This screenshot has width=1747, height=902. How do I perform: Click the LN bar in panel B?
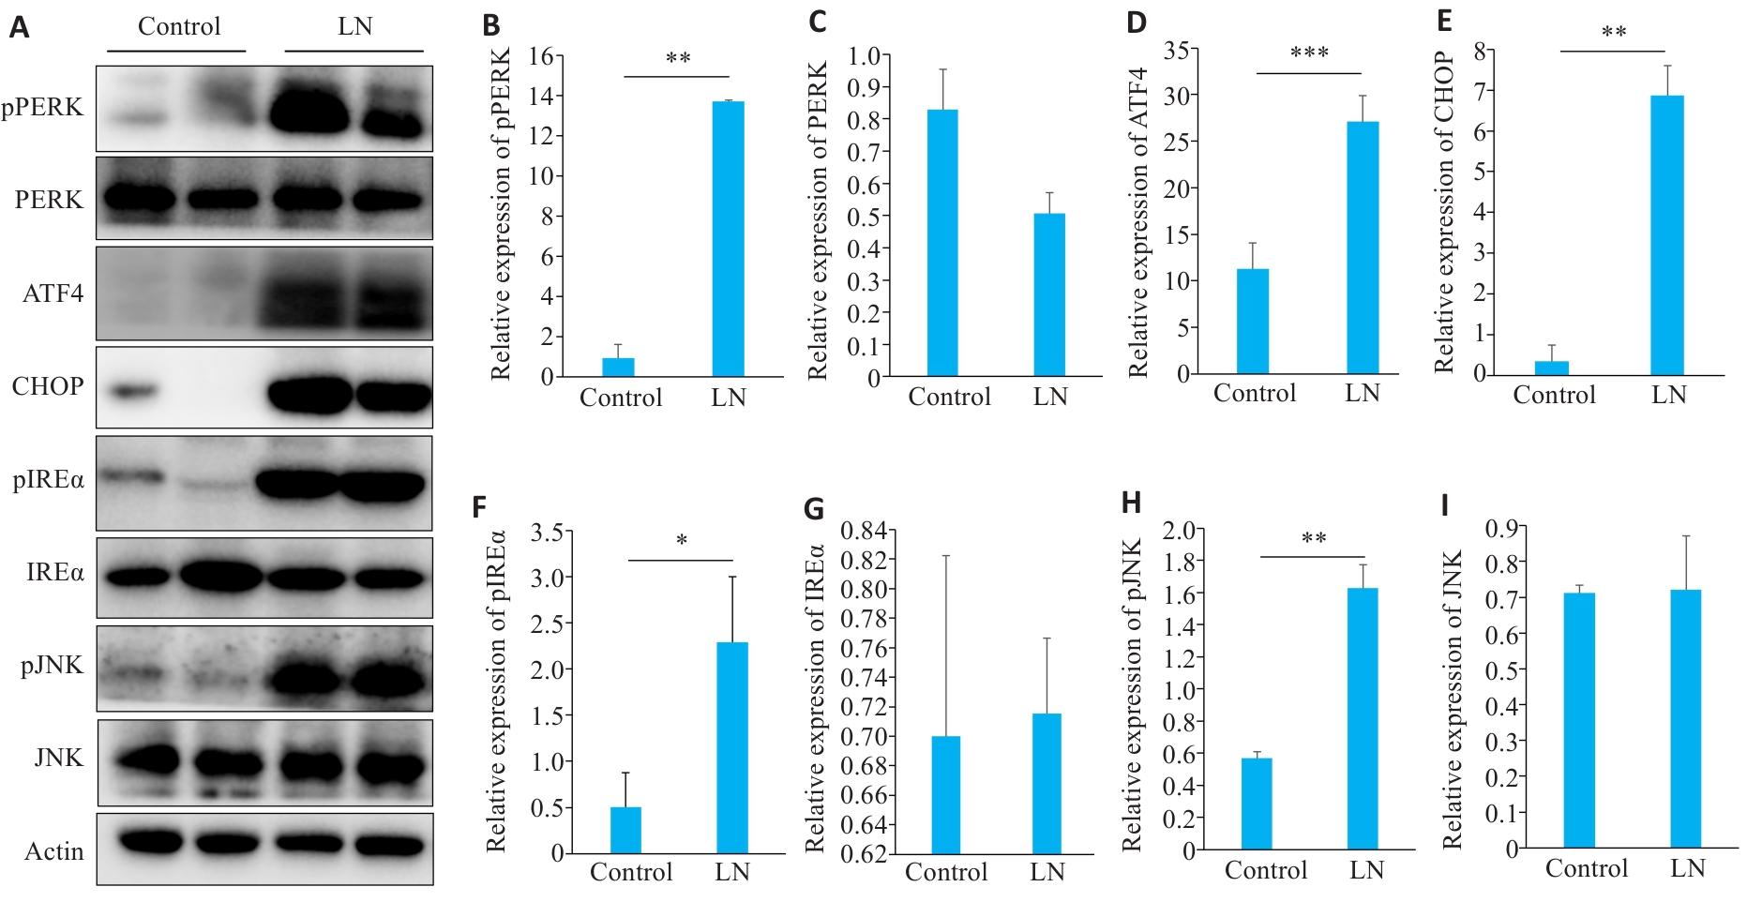pos(728,239)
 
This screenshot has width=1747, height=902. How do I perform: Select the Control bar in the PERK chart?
pos(942,243)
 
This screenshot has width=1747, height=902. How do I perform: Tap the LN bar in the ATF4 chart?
pos(1363,248)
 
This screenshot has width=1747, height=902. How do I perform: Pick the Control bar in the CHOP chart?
pos(1552,368)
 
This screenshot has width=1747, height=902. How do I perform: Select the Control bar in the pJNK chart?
pos(1257,804)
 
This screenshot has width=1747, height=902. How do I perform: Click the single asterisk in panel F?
pos(682,541)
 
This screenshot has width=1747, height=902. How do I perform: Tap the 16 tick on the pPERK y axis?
pos(540,56)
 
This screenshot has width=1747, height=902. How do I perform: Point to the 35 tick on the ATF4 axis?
pos(1177,51)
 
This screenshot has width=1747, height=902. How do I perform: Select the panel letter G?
pos(814,510)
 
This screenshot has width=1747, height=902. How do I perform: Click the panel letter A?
pos(19,28)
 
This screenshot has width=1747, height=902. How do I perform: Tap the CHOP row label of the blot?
pos(48,386)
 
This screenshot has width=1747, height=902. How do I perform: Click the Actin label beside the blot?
pos(54,851)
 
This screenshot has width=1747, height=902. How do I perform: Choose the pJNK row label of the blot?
pos(53,666)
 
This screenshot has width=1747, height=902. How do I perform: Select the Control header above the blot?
pos(179,26)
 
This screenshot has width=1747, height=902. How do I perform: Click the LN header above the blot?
pos(355,26)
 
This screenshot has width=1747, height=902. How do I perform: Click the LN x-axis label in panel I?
pos(1687,868)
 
